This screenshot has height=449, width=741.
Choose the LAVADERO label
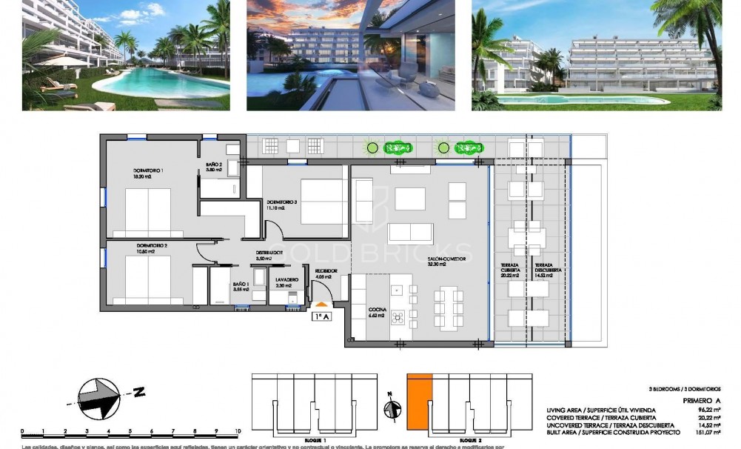point(287,282)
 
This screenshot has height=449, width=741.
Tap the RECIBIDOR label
point(326,272)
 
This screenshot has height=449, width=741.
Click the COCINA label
point(377,310)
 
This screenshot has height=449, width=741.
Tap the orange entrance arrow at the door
point(321,303)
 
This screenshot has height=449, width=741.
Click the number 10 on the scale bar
point(238,430)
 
